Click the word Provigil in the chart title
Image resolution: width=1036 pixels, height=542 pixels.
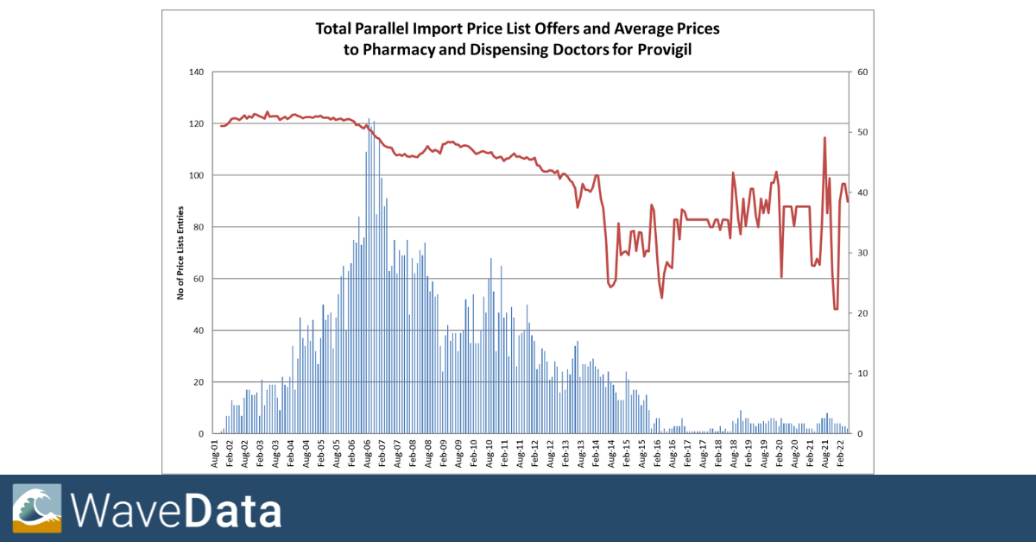662,50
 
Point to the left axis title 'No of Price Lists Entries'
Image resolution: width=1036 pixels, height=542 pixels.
181,253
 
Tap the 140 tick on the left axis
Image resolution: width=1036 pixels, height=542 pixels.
196,72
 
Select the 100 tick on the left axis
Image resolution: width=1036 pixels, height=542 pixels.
196,175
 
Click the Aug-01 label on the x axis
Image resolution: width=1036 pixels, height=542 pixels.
216,453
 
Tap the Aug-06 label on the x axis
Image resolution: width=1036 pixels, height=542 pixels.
368,453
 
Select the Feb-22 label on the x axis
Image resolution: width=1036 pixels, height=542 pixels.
840,453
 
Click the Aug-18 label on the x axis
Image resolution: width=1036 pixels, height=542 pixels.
733,453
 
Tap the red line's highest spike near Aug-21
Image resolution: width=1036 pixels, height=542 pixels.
824,138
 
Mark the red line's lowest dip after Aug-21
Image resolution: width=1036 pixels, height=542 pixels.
836,308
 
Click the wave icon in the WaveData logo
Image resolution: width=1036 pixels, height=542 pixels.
37,508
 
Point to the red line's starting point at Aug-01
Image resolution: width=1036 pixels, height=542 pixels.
221,126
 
